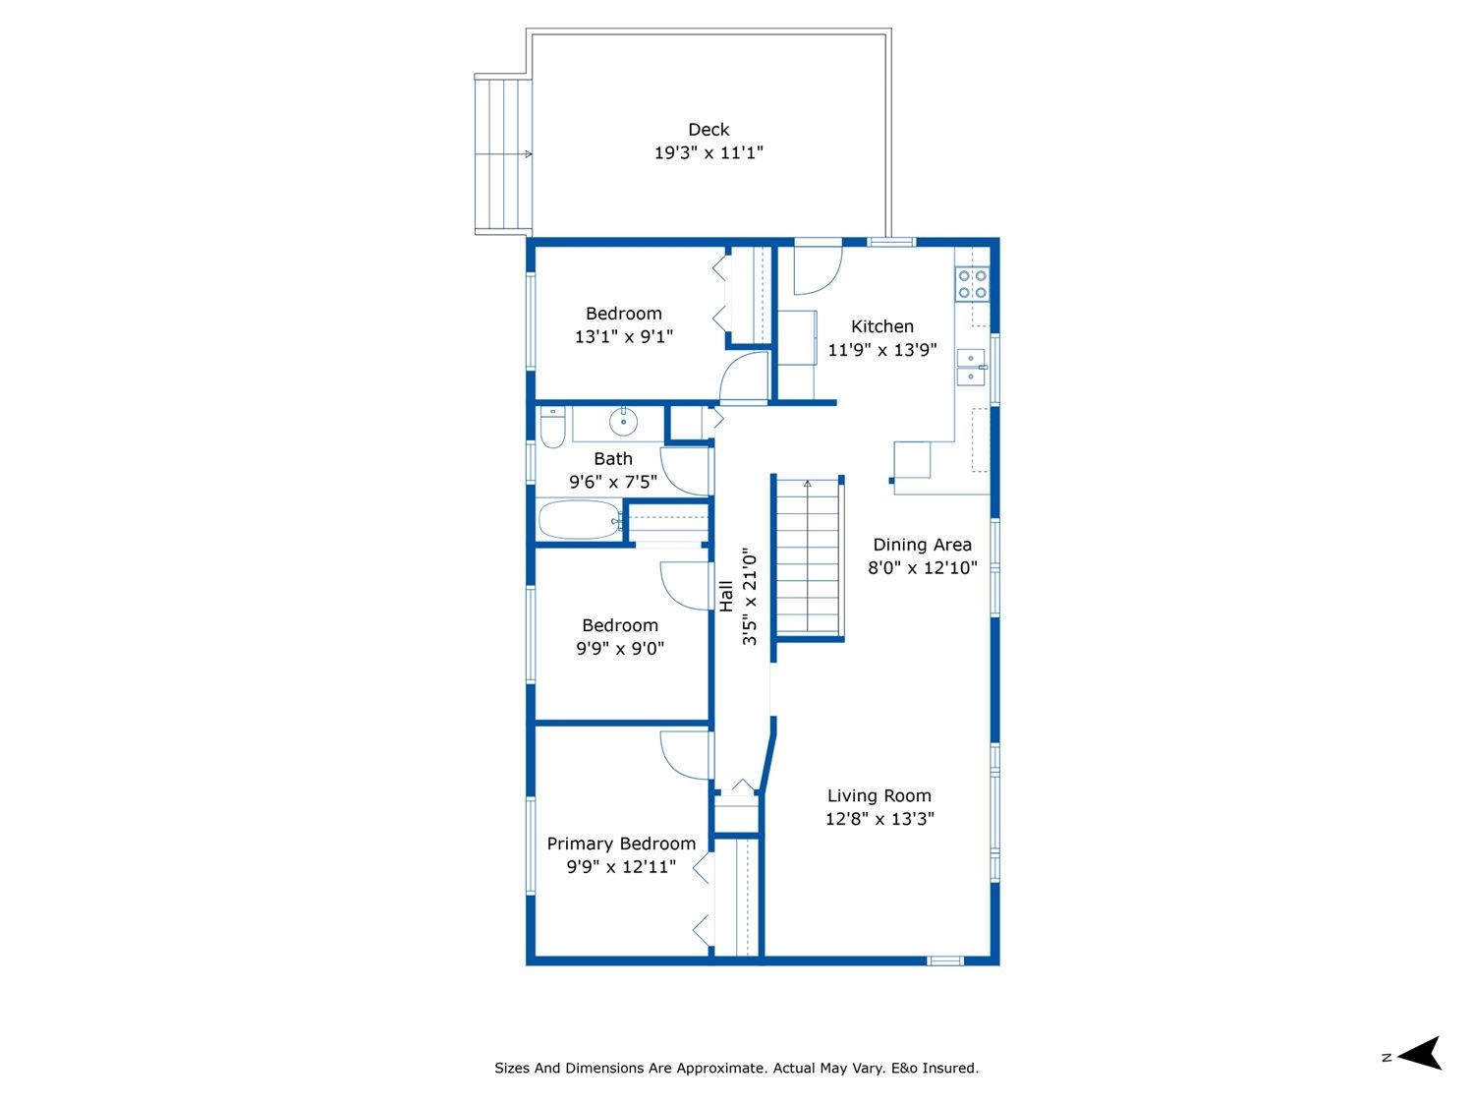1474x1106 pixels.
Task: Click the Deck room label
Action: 709,129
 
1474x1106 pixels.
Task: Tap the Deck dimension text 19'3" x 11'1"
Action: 709,152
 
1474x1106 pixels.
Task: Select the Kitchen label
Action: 881,326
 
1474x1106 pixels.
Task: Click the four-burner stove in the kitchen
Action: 972,283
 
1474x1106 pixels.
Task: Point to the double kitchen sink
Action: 971,367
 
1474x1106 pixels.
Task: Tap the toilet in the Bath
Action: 552,427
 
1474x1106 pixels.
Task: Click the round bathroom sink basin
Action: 623,422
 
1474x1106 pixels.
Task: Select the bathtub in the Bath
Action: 580,520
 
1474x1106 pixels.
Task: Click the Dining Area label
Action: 922,545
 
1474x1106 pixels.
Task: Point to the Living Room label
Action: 879,795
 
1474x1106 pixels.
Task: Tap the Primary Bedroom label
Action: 621,844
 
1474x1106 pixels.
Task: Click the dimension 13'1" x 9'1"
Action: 623,336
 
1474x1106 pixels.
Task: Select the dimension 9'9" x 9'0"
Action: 620,648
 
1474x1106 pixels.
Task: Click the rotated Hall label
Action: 726,597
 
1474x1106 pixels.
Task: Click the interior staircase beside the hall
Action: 808,556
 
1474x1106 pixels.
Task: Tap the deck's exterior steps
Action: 503,154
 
